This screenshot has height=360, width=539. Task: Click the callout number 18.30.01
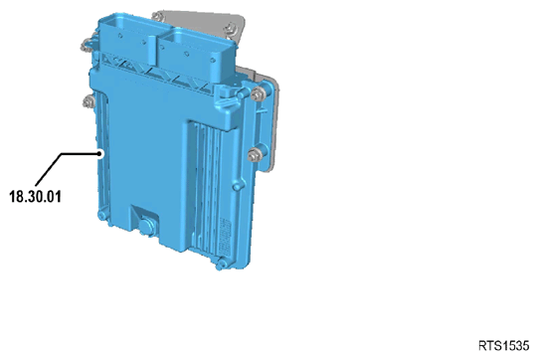pyautogui.click(x=35, y=197)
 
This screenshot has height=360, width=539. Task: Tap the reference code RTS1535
pyautogui.click(x=504, y=345)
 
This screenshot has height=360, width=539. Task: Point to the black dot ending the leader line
pyautogui.click(x=100, y=154)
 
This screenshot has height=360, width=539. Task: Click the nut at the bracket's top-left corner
pyautogui.click(x=157, y=16)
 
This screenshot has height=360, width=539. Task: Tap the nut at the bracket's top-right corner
pyautogui.click(x=232, y=29)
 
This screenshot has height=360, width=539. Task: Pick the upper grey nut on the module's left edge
pyautogui.click(x=87, y=45)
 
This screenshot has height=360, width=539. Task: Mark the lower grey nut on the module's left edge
pyautogui.click(x=88, y=101)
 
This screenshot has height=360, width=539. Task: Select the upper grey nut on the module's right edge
pyautogui.click(x=258, y=93)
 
